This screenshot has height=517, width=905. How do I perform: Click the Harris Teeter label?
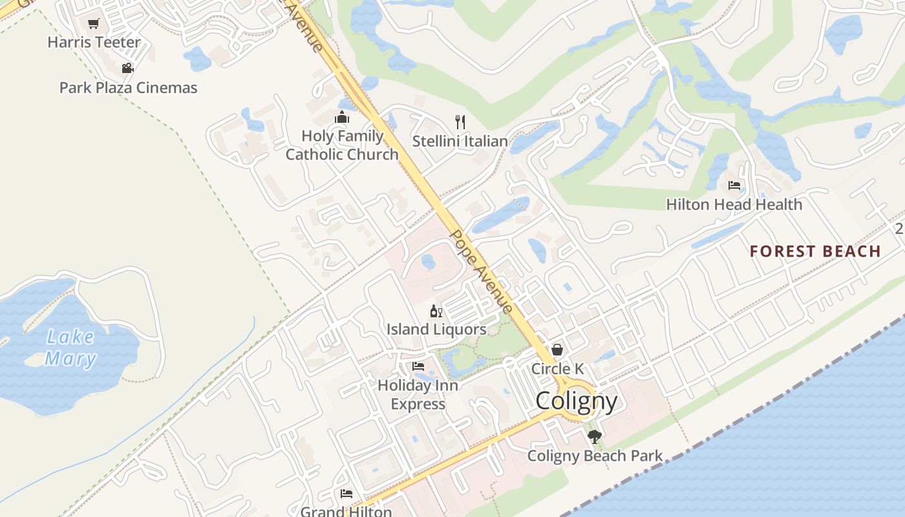[x=94, y=43]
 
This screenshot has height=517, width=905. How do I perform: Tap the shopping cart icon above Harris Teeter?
[x=94, y=24]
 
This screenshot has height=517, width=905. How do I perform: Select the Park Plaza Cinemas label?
[x=128, y=88]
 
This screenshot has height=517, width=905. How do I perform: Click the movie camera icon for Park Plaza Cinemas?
[x=127, y=68]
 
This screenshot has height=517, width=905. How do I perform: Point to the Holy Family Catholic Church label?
[x=342, y=145]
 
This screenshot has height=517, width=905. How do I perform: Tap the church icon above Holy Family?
[x=341, y=117]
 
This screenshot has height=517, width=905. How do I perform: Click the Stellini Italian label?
[x=460, y=141]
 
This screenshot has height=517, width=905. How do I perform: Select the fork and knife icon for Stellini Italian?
[x=460, y=121]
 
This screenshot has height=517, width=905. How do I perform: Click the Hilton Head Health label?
[x=734, y=205]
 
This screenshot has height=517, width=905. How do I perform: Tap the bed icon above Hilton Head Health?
[x=734, y=185]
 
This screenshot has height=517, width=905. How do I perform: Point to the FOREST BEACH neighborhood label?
[x=815, y=251]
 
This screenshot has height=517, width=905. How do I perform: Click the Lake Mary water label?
[x=70, y=348]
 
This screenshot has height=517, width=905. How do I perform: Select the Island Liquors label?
[x=436, y=330]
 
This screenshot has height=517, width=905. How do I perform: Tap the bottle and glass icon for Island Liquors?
[x=436, y=311]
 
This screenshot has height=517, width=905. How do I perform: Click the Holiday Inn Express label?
[x=418, y=395]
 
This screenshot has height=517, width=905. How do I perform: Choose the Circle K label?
[x=557, y=369]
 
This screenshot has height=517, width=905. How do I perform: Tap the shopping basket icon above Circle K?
[x=557, y=350]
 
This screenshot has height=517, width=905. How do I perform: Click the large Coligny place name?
[x=577, y=401]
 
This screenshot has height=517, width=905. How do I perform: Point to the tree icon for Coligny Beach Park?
[x=595, y=437]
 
